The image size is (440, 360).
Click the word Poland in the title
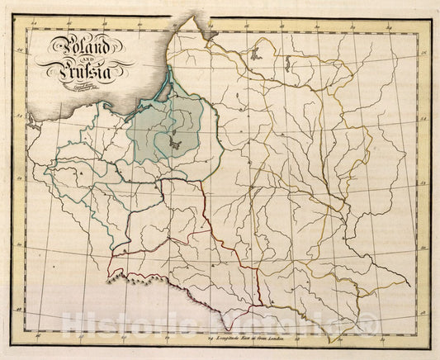79,48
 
